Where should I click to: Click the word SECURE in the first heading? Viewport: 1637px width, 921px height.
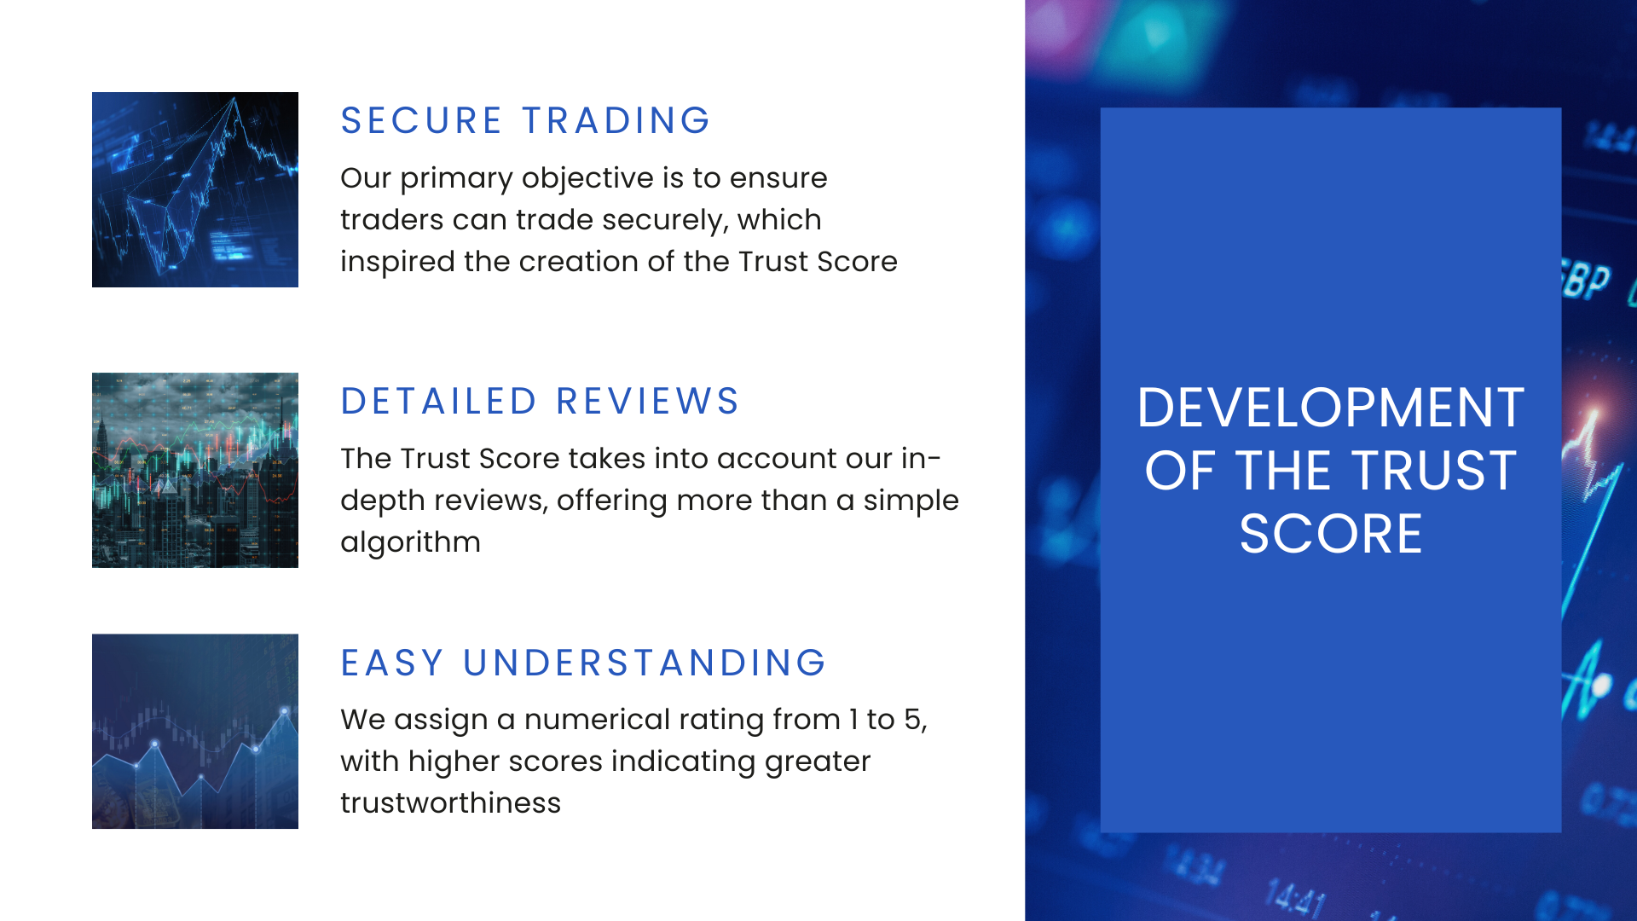[x=421, y=121]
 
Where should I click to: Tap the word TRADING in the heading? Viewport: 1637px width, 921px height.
[x=616, y=121]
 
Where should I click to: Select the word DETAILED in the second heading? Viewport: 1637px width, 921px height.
[x=439, y=402]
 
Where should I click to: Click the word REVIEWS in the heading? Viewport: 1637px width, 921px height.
[x=648, y=402]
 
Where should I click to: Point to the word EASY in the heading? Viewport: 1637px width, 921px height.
[x=392, y=663]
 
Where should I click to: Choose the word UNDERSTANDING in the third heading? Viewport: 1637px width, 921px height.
[x=645, y=663]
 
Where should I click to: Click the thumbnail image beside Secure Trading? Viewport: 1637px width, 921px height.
[x=195, y=189]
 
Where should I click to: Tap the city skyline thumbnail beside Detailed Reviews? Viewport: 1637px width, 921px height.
[x=195, y=470]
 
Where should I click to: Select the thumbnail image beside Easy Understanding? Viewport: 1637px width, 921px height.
[x=195, y=731]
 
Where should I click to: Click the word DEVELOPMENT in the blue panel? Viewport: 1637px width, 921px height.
[x=1330, y=408]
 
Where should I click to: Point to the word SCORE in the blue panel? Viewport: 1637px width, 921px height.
[x=1330, y=535]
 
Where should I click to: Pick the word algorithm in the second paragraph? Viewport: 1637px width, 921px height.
[x=410, y=542]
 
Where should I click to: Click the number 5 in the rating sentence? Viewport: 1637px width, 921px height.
[x=912, y=720]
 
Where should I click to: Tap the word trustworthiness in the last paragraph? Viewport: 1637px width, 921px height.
[x=450, y=803]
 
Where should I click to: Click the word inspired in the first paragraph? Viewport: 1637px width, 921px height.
[x=397, y=262]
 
